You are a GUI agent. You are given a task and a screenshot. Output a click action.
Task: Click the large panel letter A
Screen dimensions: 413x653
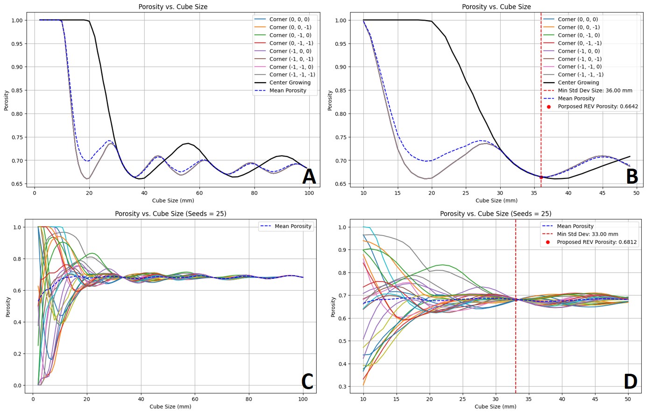point(309,177)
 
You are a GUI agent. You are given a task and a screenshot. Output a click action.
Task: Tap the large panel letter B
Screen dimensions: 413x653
point(632,177)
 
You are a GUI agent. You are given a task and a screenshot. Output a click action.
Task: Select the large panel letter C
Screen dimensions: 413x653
point(307,382)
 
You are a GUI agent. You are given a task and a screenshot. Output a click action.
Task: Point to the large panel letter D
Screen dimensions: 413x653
point(630,382)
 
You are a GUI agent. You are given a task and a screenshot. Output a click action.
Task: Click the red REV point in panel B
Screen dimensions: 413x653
point(541,177)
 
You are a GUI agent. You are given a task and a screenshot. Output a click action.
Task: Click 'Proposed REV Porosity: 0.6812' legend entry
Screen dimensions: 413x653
point(596,242)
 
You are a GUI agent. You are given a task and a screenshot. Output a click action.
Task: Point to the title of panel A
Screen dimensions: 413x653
point(173,7)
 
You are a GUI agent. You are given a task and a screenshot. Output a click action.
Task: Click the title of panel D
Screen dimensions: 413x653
point(495,214)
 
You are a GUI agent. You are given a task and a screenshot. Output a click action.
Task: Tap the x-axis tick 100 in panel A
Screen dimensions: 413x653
point(309,192)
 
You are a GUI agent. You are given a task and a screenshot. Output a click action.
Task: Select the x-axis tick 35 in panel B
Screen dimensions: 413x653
point(534,192)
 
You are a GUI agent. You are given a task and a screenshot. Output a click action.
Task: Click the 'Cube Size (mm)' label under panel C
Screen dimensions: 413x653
point(170,406)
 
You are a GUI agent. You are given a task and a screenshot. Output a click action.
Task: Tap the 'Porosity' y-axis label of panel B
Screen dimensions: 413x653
point(330,100)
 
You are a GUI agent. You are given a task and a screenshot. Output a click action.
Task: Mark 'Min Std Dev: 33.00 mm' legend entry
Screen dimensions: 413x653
point(587,234)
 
